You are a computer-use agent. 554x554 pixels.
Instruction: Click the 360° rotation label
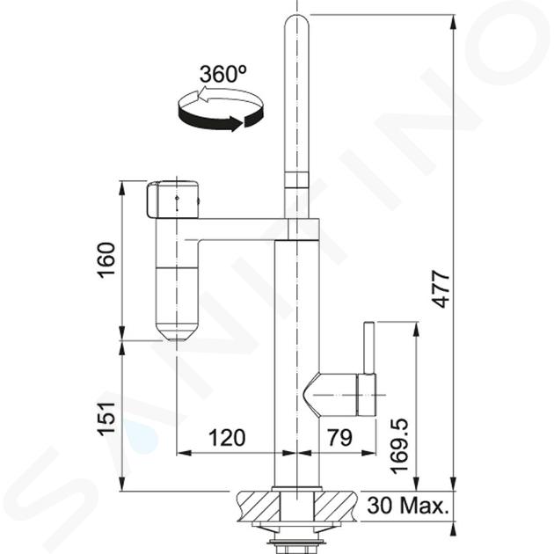tap(223, 74)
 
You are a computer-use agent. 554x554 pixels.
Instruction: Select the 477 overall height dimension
tap(441, 288)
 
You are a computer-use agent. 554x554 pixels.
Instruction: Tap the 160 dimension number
tap(106, 260)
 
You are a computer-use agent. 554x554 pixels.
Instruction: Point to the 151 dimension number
tap(106, 419)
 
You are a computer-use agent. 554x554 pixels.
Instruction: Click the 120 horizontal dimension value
tap(227, 438)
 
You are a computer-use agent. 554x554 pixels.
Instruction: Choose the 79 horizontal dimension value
tap(340, 438)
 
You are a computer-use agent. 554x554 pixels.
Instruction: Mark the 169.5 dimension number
tap(399, 446)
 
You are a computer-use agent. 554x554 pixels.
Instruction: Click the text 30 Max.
tap(408, 506)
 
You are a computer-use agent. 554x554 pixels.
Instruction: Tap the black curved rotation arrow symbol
tap(221, 111)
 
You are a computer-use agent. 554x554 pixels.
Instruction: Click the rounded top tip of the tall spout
tap(297, 19)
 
